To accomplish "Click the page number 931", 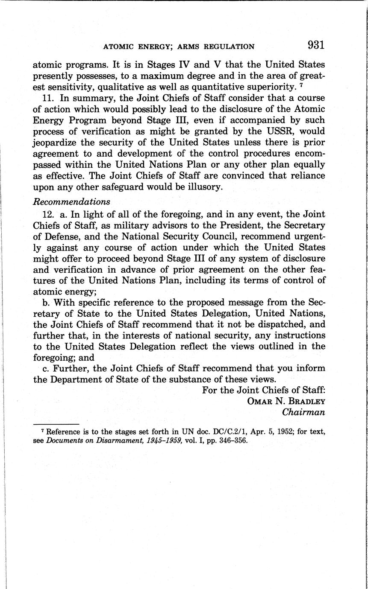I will [316, 45].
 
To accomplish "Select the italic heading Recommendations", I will [71, 201].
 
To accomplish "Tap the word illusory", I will [202, 187].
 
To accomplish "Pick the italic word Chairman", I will [303, 412].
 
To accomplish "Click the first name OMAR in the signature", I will [258, 401].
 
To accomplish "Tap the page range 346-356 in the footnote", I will [232, 440].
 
